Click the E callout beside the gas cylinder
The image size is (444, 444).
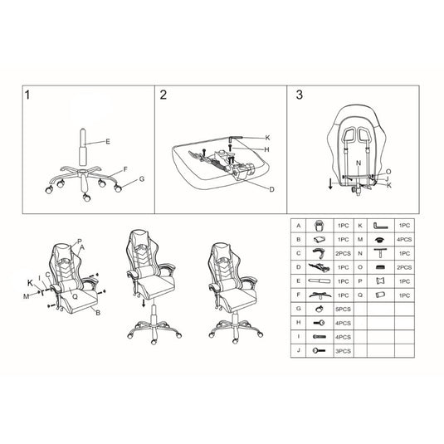(x=107, y=142)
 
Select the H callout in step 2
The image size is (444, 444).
(x=267, y=149)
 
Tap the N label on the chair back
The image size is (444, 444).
(x=358, y=163)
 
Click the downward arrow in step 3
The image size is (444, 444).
(x=332, y=183)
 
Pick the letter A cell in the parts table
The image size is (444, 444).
(x=297, y=225)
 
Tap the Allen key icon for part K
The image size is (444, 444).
(x=381, y=225)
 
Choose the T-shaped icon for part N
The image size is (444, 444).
(x=381, y=253)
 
